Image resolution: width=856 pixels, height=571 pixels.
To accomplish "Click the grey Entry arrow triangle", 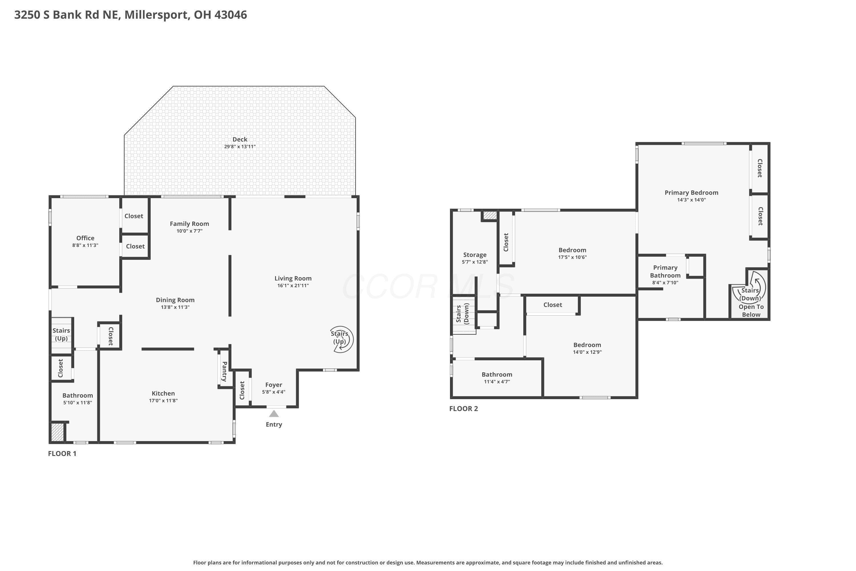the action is click(x=274, y=414).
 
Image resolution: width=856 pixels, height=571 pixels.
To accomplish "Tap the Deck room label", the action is click(x=240, y=139).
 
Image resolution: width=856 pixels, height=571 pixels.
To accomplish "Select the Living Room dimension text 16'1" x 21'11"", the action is click(x=293, y=285).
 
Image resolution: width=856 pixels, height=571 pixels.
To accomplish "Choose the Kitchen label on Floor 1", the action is click(x=163, y=393).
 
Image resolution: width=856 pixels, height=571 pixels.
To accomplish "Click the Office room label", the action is click(x=85, y=238).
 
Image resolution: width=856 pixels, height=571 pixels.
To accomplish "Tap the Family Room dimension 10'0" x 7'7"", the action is click(x=189, y=231).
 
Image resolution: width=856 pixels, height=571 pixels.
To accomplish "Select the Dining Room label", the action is click(x=175, y=300).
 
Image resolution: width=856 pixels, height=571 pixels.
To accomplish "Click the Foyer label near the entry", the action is click(x=274, y=385).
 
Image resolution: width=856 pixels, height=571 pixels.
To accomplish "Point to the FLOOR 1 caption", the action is click(x=62, y=453).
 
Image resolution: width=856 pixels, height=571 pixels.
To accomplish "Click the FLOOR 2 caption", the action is click(x=464, y=409).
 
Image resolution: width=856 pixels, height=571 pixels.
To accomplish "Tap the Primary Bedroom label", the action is click(x=691, y=193).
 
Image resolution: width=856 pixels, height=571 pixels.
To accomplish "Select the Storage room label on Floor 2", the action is click(x=475, y=255).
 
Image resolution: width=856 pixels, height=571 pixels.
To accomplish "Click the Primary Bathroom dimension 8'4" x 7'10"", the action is click(x=665, y=283).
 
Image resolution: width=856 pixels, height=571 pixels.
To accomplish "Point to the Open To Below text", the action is click(x=751, y=311).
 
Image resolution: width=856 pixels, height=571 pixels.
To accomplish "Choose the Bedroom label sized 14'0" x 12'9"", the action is click(x=587, y=345).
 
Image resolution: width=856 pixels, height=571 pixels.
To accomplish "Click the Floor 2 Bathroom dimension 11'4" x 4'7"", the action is click(x=497, y=382).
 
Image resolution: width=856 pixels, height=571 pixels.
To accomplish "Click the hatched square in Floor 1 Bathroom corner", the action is click(x=57, y=432).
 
